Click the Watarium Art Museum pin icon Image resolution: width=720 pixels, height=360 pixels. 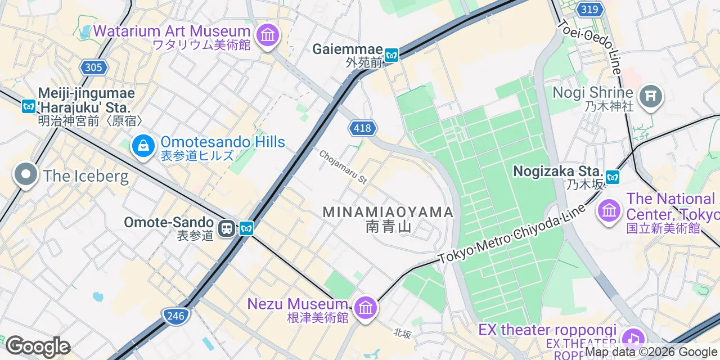click(x=268, y=35)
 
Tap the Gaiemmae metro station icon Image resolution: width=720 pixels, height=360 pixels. click(x=391, y=55)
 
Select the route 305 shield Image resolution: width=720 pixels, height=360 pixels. click(x=93, y=67)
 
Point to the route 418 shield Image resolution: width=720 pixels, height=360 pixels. click(x=362, y=128)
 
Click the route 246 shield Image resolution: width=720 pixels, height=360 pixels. click(x=175, y=316)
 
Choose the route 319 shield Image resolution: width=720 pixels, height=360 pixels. click(x=589, y=9)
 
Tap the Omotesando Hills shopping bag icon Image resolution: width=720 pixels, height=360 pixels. click(x=144, y=146)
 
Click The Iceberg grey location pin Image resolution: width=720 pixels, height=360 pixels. click(x=25, y=175)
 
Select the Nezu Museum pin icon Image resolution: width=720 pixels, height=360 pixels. click(x=366, y=308)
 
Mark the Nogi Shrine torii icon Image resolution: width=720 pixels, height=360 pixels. click(x=651, y=97)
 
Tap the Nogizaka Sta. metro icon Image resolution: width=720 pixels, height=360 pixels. click(x=612, y=177)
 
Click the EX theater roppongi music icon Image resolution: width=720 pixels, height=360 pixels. click(x=633, y=337)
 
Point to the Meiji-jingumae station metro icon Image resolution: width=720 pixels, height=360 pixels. click(x=28, y=106)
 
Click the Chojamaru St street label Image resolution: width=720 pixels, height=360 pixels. click(x=343, y=167)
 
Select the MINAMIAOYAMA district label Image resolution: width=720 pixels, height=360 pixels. click(x=388, y=212)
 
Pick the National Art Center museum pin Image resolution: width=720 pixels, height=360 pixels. click(x=609, y=211)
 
